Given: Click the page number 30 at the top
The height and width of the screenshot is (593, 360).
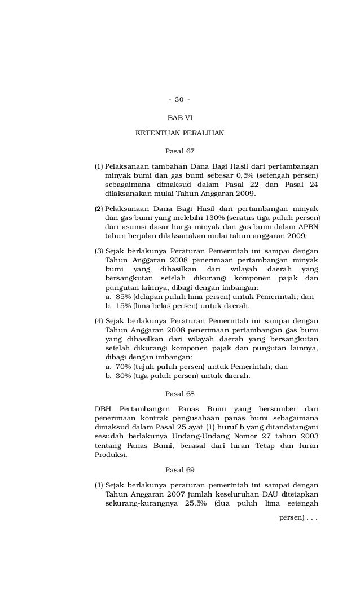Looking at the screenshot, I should [x=179, y=100].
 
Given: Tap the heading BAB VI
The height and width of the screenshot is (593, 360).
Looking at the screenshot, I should [x=179, y=118].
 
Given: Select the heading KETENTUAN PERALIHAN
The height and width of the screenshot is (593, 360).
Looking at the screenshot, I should [x=179, y=133].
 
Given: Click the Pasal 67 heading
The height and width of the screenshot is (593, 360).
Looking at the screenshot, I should [x=179, y=151].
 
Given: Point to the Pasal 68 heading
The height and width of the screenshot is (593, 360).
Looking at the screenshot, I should [x=179, y=393].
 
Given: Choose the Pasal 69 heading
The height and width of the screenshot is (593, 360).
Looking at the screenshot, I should [x=179, y=469].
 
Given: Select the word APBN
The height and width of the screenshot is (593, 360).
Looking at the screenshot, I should [x=309, y=227].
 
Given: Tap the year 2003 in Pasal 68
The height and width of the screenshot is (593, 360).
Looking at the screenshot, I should [x=309, y=436].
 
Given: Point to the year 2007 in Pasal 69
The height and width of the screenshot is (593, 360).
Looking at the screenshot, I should [x=177, y=494].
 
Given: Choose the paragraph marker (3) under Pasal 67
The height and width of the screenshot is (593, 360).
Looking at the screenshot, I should [x=99, y=251].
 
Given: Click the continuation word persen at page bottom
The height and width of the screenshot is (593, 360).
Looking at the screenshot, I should [x=291, y=517].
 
